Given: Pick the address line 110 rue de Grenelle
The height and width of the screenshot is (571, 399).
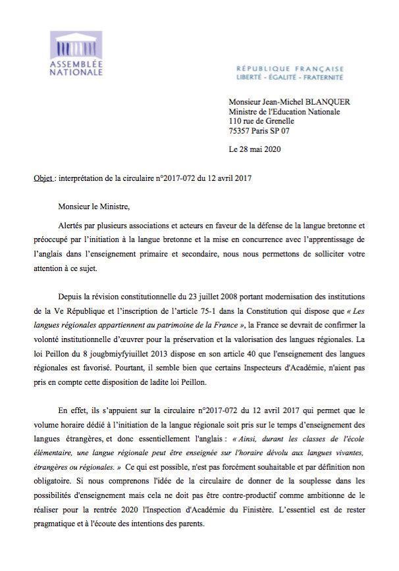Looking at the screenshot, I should [261, 121].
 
